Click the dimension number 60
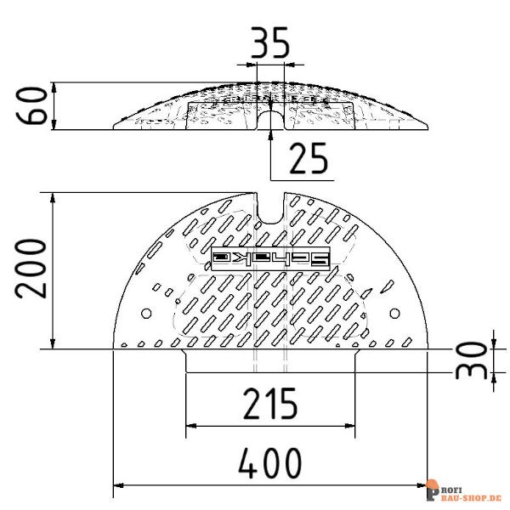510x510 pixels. [34, 105]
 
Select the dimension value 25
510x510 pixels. [309, 158]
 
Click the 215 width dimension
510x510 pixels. [269, 405]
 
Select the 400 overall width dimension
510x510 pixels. [269, 464]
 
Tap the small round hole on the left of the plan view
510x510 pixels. [145, 314]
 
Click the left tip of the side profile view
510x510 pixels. [116, 128]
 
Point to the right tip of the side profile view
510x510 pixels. [427, 128]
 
